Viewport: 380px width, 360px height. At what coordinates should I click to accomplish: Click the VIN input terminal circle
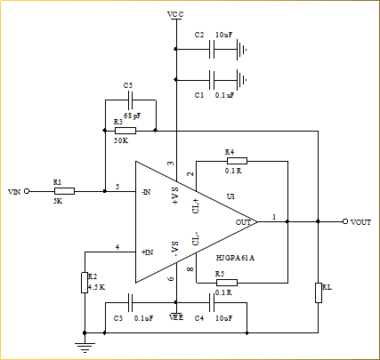pyautogui.click(x=27, y=191)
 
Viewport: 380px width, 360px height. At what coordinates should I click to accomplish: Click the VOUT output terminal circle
pyautogui.click(x=345, y=221)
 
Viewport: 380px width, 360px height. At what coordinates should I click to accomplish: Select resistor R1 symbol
pyautogui.click(x=64, y=191)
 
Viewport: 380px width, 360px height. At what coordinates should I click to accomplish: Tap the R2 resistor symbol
pyautogui.click(x=85, y=283)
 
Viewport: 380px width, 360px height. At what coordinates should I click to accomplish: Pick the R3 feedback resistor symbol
pyautogui.click(x=125, y=131)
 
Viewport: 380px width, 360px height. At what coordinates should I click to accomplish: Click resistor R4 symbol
pyautogui.click(x=237, y=161)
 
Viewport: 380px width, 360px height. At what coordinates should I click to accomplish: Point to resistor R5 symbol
pyautogui.click(x=227, y=283)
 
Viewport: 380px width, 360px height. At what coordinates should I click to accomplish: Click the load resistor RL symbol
pyautogui.click(x=319, y=292)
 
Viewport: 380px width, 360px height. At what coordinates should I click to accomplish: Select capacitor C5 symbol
pyautogui.click(x=131, y=100)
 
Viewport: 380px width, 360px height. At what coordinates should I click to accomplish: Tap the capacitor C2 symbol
pyautogui.click(x=212, y=50)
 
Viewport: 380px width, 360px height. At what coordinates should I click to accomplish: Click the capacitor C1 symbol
pyautogui.click(x=212, y=80)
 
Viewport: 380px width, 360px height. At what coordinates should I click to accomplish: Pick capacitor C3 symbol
pyautogui.click(x=130, y=303)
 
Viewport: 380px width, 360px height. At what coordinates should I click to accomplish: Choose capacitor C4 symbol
pyautogui.click(x=212, y=303)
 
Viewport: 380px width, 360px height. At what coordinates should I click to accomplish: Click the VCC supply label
pyautogui.click(x=175, y=14)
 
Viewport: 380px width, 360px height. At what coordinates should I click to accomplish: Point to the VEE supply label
pyautogui.click(x=176, y=317)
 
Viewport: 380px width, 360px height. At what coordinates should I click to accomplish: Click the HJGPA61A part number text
pyautogui.click(x=235, y=258)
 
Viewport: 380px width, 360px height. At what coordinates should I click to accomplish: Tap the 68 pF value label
pyautogui.click(x=133, y=116)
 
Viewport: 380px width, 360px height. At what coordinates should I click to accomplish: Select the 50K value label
pyautogui.click(x=121, y=140)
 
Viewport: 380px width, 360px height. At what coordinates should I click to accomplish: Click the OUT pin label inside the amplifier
pyautogui.click(x=243, y=222)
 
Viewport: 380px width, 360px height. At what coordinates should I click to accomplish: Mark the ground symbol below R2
pyautogui.click(x=85, y=347)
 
